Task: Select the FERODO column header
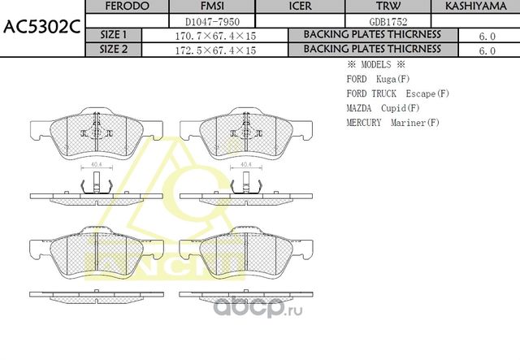(x=128, y=7)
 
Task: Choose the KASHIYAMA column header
(x=474, y=7)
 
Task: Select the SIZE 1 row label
(x=113, y=35)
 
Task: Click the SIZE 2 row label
(x=113, y=50)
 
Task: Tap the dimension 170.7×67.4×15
(x=215, y=36)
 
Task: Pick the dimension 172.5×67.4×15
(x=215, y=50)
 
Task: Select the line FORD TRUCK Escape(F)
(x=397, y=93)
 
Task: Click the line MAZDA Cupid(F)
(x=383, y=108)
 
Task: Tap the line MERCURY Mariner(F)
(x=392, y=123)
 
